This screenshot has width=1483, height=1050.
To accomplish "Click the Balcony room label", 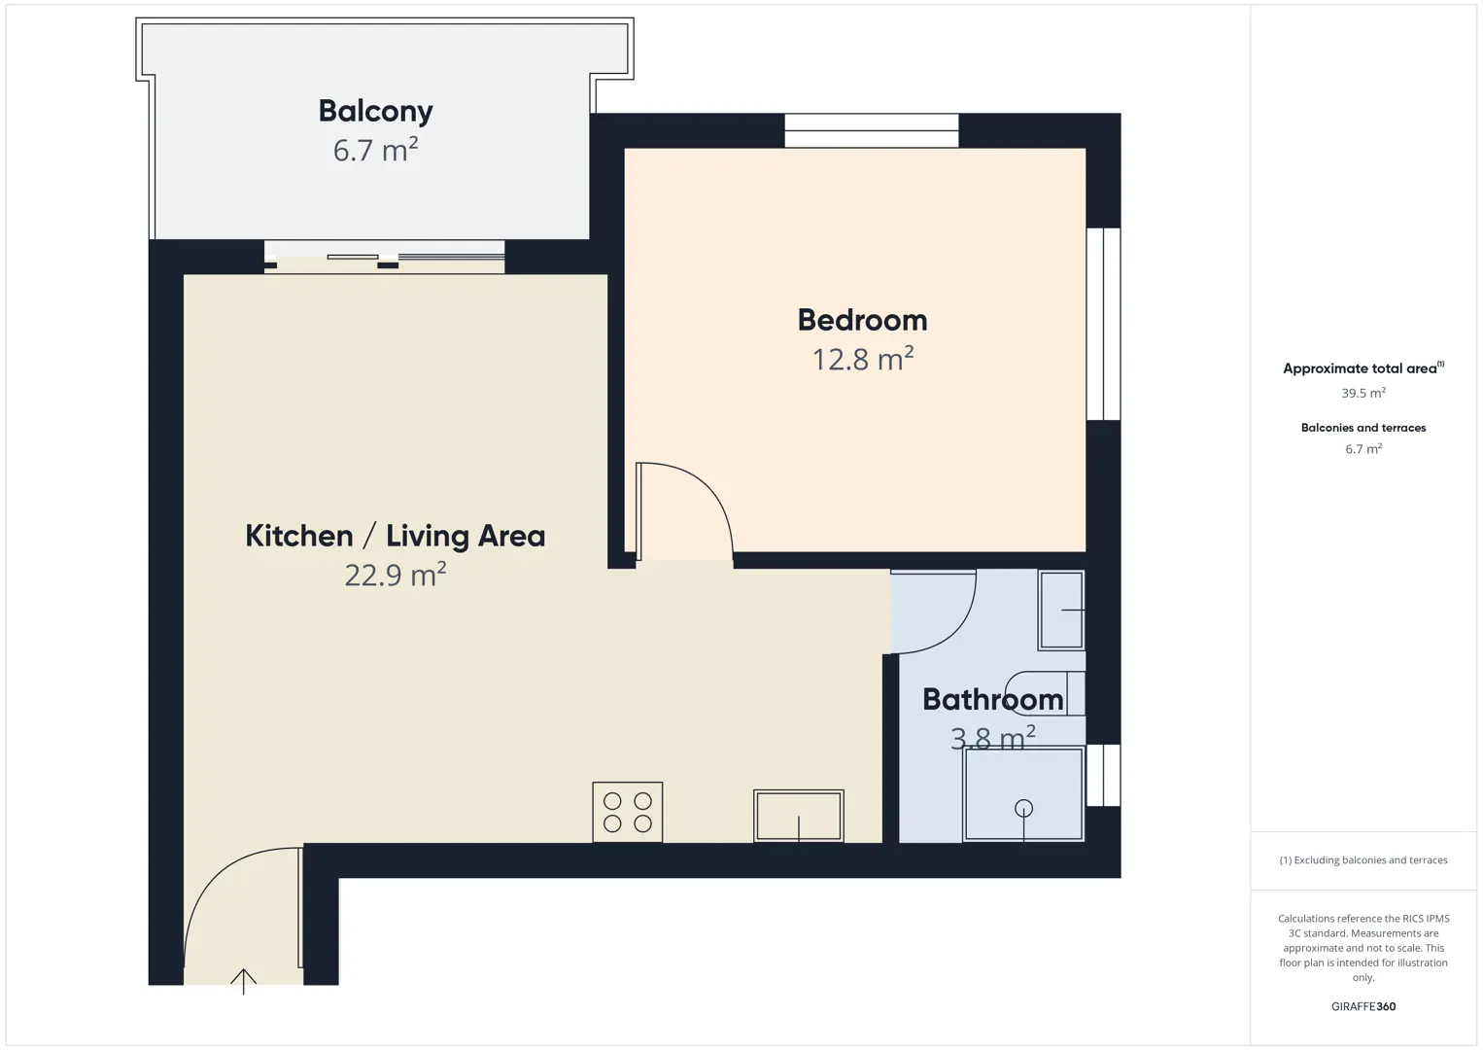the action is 375,111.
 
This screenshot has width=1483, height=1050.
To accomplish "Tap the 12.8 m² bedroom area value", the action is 863,359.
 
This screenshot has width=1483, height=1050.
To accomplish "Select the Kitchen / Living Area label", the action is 396,536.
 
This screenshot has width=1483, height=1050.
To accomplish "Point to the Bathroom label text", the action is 993,700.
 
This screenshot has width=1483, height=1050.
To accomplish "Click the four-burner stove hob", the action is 627,812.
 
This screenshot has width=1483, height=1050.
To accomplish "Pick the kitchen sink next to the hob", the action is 799,816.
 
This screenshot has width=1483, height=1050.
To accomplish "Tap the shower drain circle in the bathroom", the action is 1023,808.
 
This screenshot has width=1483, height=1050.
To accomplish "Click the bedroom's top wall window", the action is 872,130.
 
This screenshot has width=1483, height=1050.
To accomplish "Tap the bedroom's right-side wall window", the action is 1104,324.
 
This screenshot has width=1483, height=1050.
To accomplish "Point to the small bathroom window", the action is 1104,775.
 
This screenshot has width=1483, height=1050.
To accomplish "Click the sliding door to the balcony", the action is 385,257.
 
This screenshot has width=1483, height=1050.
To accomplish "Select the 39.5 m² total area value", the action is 1363,393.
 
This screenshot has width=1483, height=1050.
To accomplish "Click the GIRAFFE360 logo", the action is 1363,1006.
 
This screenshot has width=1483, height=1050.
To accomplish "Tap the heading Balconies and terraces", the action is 1363,428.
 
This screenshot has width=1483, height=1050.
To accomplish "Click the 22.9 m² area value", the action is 396,575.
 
